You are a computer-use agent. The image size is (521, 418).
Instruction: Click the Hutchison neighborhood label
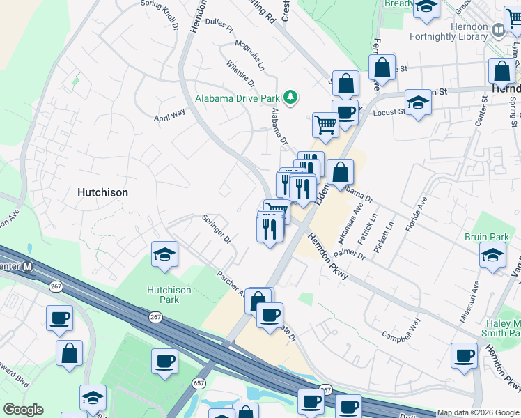[103, 192]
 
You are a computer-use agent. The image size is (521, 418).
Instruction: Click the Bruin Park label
[485, 237]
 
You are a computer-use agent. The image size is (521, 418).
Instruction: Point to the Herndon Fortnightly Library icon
[498, 30]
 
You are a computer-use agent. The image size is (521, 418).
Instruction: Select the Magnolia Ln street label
[249, 56]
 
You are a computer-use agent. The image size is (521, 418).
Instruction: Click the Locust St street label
[389, 111]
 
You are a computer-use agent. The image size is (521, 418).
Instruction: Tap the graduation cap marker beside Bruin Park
[493, 255]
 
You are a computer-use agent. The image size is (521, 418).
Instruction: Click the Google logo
[23, 410]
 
